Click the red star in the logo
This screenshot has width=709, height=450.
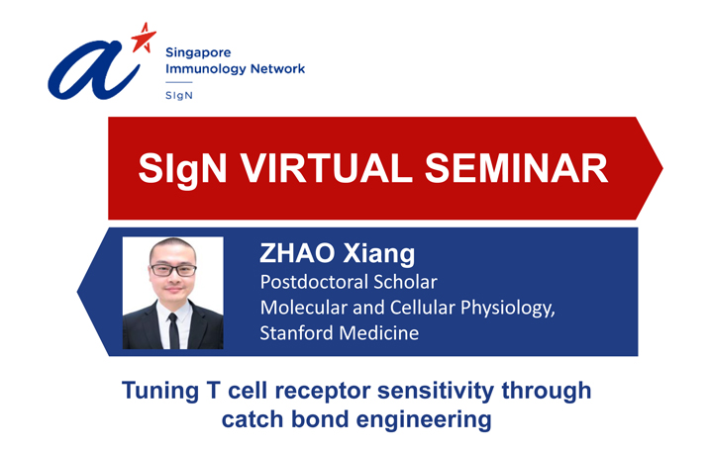pos(144,38)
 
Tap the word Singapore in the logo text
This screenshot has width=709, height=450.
pos(198,53)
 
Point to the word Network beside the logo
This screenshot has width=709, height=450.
pos(277,68)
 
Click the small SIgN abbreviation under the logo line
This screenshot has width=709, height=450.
pos(179,95)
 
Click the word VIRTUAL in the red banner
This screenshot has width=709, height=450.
pos(326,168)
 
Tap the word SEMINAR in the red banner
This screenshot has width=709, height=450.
pos(516,168)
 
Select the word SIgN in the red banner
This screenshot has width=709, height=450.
pos(182,169)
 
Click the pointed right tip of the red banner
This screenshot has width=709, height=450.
pos(662,168)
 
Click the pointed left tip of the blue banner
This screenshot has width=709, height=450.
pos(78,292)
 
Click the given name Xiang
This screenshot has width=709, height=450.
pos(379,254)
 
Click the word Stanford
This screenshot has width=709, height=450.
pos(296,333)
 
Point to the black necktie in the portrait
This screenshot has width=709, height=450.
pos(173,330)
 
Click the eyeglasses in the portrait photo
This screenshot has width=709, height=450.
pos(172,270)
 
